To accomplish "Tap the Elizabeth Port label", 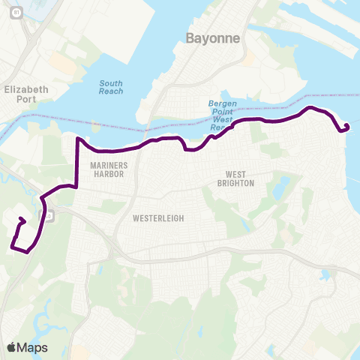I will click(x=25, y=94).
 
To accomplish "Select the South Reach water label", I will click(x=111, y=87).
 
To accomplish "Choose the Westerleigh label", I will click(x=157, y=218).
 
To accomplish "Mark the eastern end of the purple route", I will click(x=346, y=125).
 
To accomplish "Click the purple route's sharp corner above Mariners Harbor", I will click(x=78, y=139).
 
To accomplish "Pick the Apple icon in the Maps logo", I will click(x=11, y=346).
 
